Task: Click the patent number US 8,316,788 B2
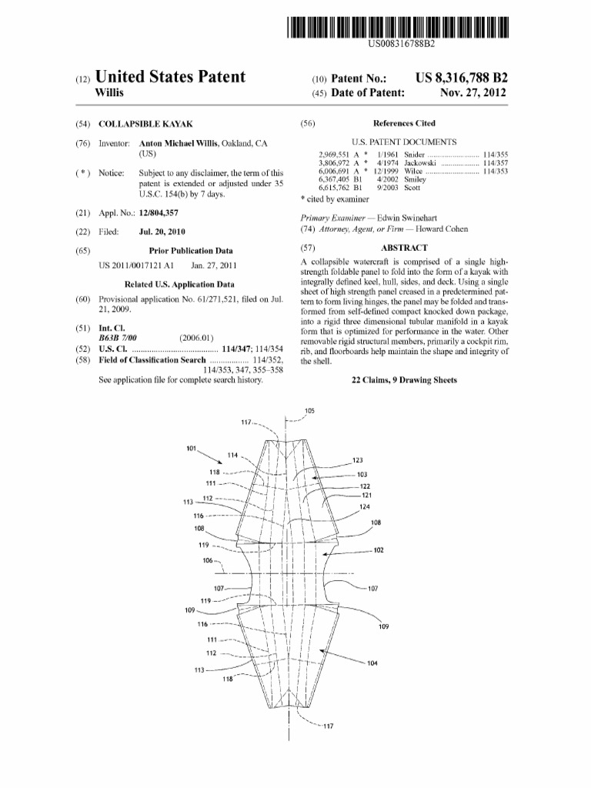point(461,78)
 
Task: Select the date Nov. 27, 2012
point(473,92)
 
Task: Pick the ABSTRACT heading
point(404,248)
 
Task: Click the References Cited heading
point(404,123)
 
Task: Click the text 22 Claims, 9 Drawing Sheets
point(404,380)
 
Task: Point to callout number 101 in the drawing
point(192,448)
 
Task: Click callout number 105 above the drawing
point(309,411)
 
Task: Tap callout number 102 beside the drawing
point(378,550)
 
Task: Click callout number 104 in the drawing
point(372,663)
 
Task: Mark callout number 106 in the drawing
point(208,560)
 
